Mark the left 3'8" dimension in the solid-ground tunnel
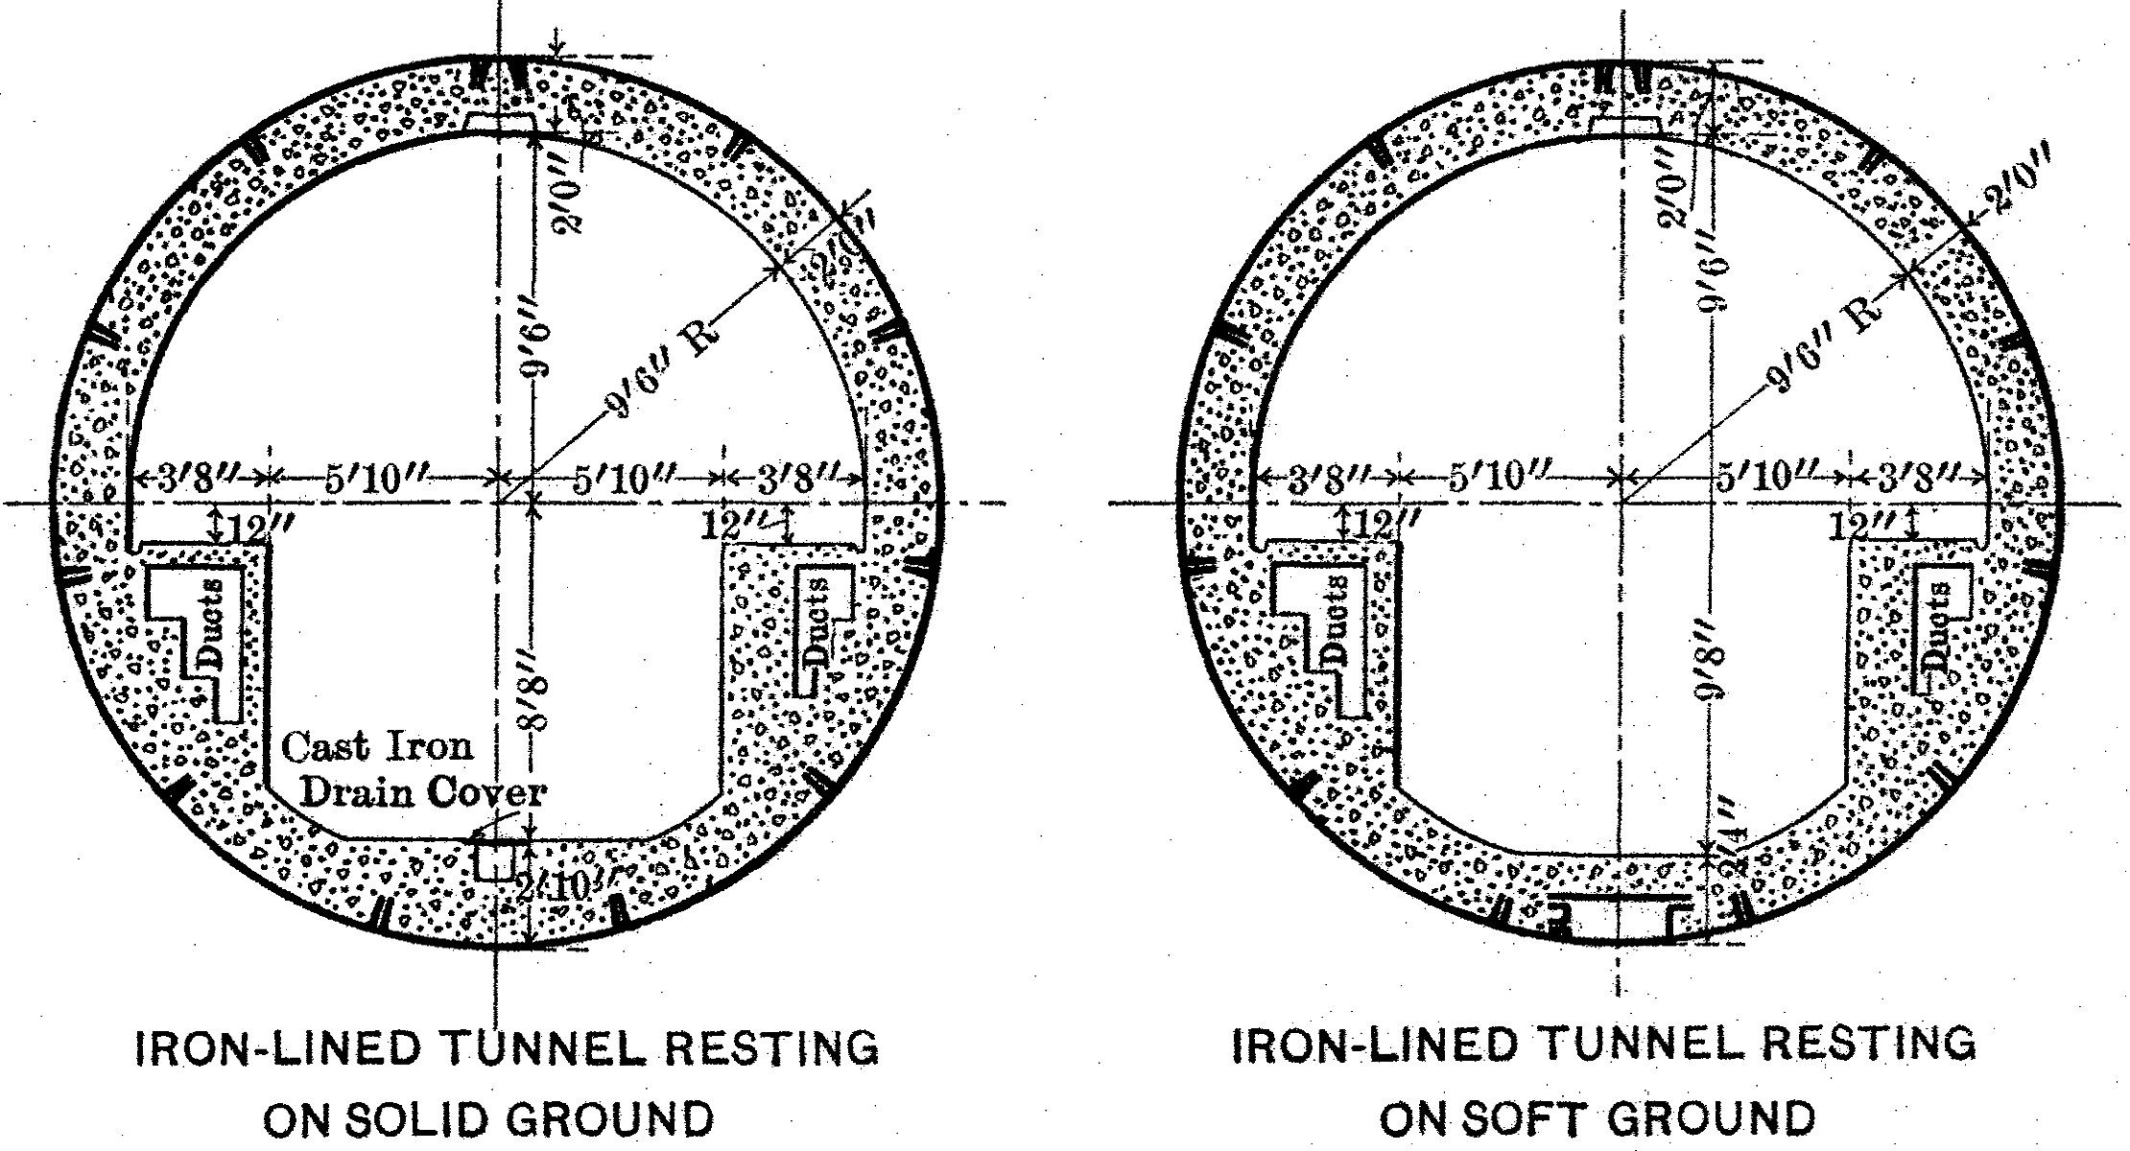(x=198, y=477)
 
